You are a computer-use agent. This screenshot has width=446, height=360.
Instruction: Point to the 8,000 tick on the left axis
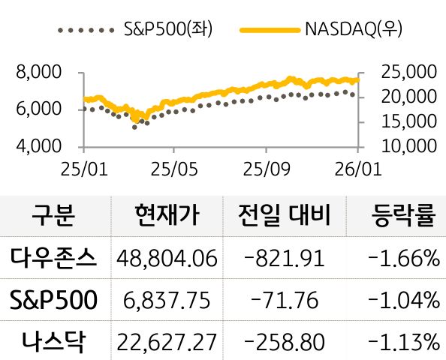tap(37, 73)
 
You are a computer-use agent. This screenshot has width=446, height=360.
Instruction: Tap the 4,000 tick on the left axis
tap(37, 145)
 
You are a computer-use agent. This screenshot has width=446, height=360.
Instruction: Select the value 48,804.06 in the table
tap(167, 259)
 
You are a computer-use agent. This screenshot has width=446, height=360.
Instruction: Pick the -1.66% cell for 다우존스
tap(404, 259)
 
